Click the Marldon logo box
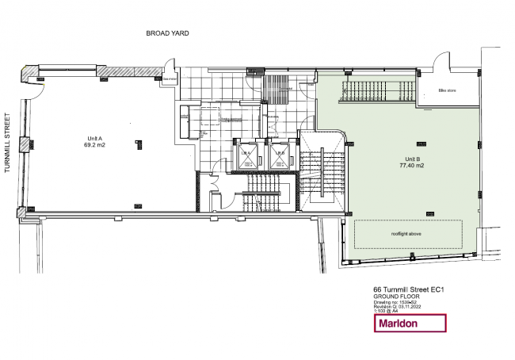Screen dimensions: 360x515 point(410,324)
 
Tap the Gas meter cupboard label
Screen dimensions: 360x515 point(170,79)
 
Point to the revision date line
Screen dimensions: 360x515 point(400,306)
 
